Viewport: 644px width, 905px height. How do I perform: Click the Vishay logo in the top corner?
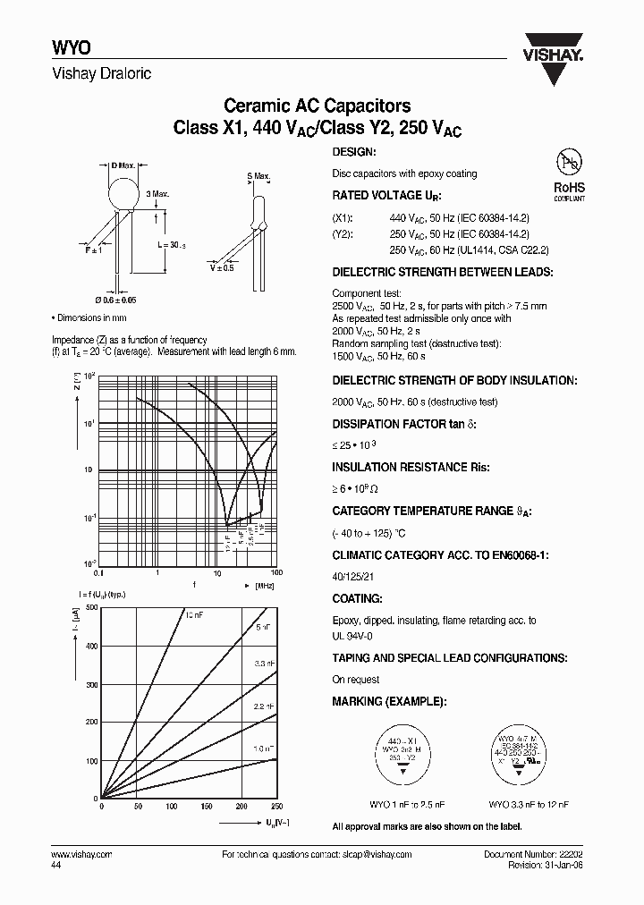point(558,45)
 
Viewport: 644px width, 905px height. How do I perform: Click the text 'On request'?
point(355,680)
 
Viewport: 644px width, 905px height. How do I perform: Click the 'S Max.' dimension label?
point(258,177)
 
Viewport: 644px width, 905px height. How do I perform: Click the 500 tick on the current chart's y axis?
point(90,608)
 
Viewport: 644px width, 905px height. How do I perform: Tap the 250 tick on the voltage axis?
point(275,806)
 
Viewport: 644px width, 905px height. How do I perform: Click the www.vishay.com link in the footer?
point(76,855)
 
